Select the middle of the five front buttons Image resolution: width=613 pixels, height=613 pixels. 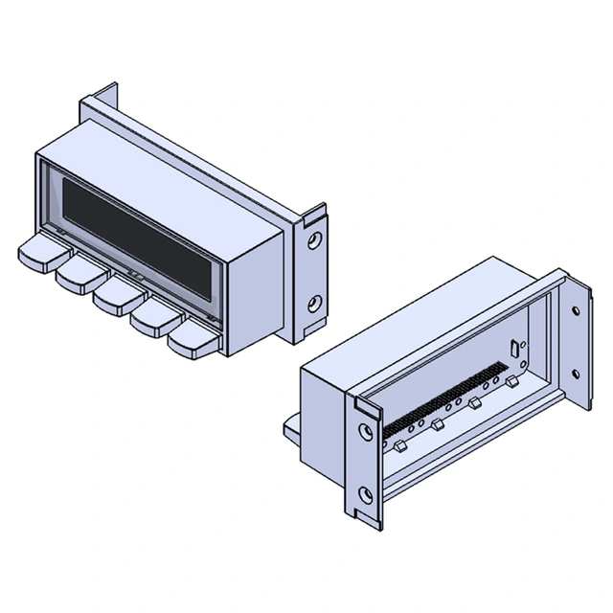113,295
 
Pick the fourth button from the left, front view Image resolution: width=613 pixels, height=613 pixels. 150,317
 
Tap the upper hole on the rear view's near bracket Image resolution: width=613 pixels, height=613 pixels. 365,431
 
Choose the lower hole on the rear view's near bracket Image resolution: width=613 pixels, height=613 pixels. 365,495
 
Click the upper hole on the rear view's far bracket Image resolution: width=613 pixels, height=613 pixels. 575,311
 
